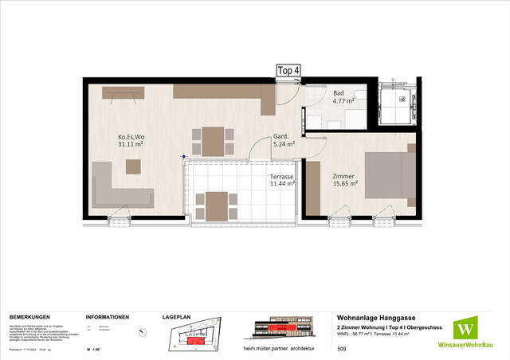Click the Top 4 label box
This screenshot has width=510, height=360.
point(288,70)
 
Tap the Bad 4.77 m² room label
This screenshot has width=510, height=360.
point(344,97)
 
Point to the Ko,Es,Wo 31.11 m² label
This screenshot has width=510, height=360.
point(131,140)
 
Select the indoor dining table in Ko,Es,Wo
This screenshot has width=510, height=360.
point(213,142)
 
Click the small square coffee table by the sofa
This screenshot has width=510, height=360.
point(133,166)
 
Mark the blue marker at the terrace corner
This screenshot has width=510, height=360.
point(184,157)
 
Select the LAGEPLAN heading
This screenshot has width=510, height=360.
point(176,316)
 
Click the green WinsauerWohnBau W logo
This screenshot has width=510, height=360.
point(465,328)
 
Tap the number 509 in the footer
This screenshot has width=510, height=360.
point(343,349)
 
